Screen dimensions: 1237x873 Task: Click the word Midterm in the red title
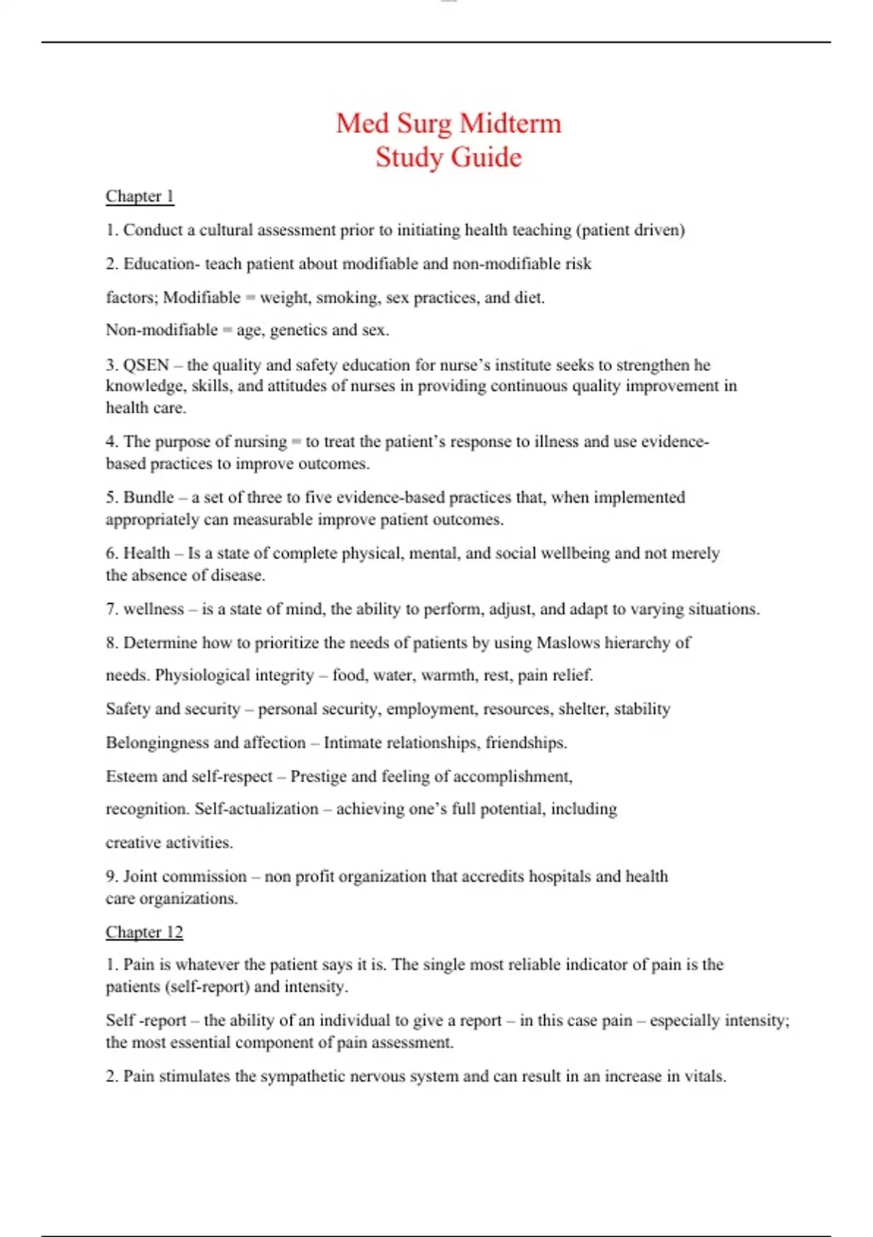510,124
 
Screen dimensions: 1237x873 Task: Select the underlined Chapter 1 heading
140,196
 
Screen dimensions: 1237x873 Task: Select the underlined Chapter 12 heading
144,932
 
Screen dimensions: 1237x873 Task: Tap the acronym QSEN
146,365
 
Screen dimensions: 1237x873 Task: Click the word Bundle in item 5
148,498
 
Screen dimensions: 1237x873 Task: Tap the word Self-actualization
256,809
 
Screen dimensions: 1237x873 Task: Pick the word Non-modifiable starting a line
162,330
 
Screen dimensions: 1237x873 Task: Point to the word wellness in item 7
154,609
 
